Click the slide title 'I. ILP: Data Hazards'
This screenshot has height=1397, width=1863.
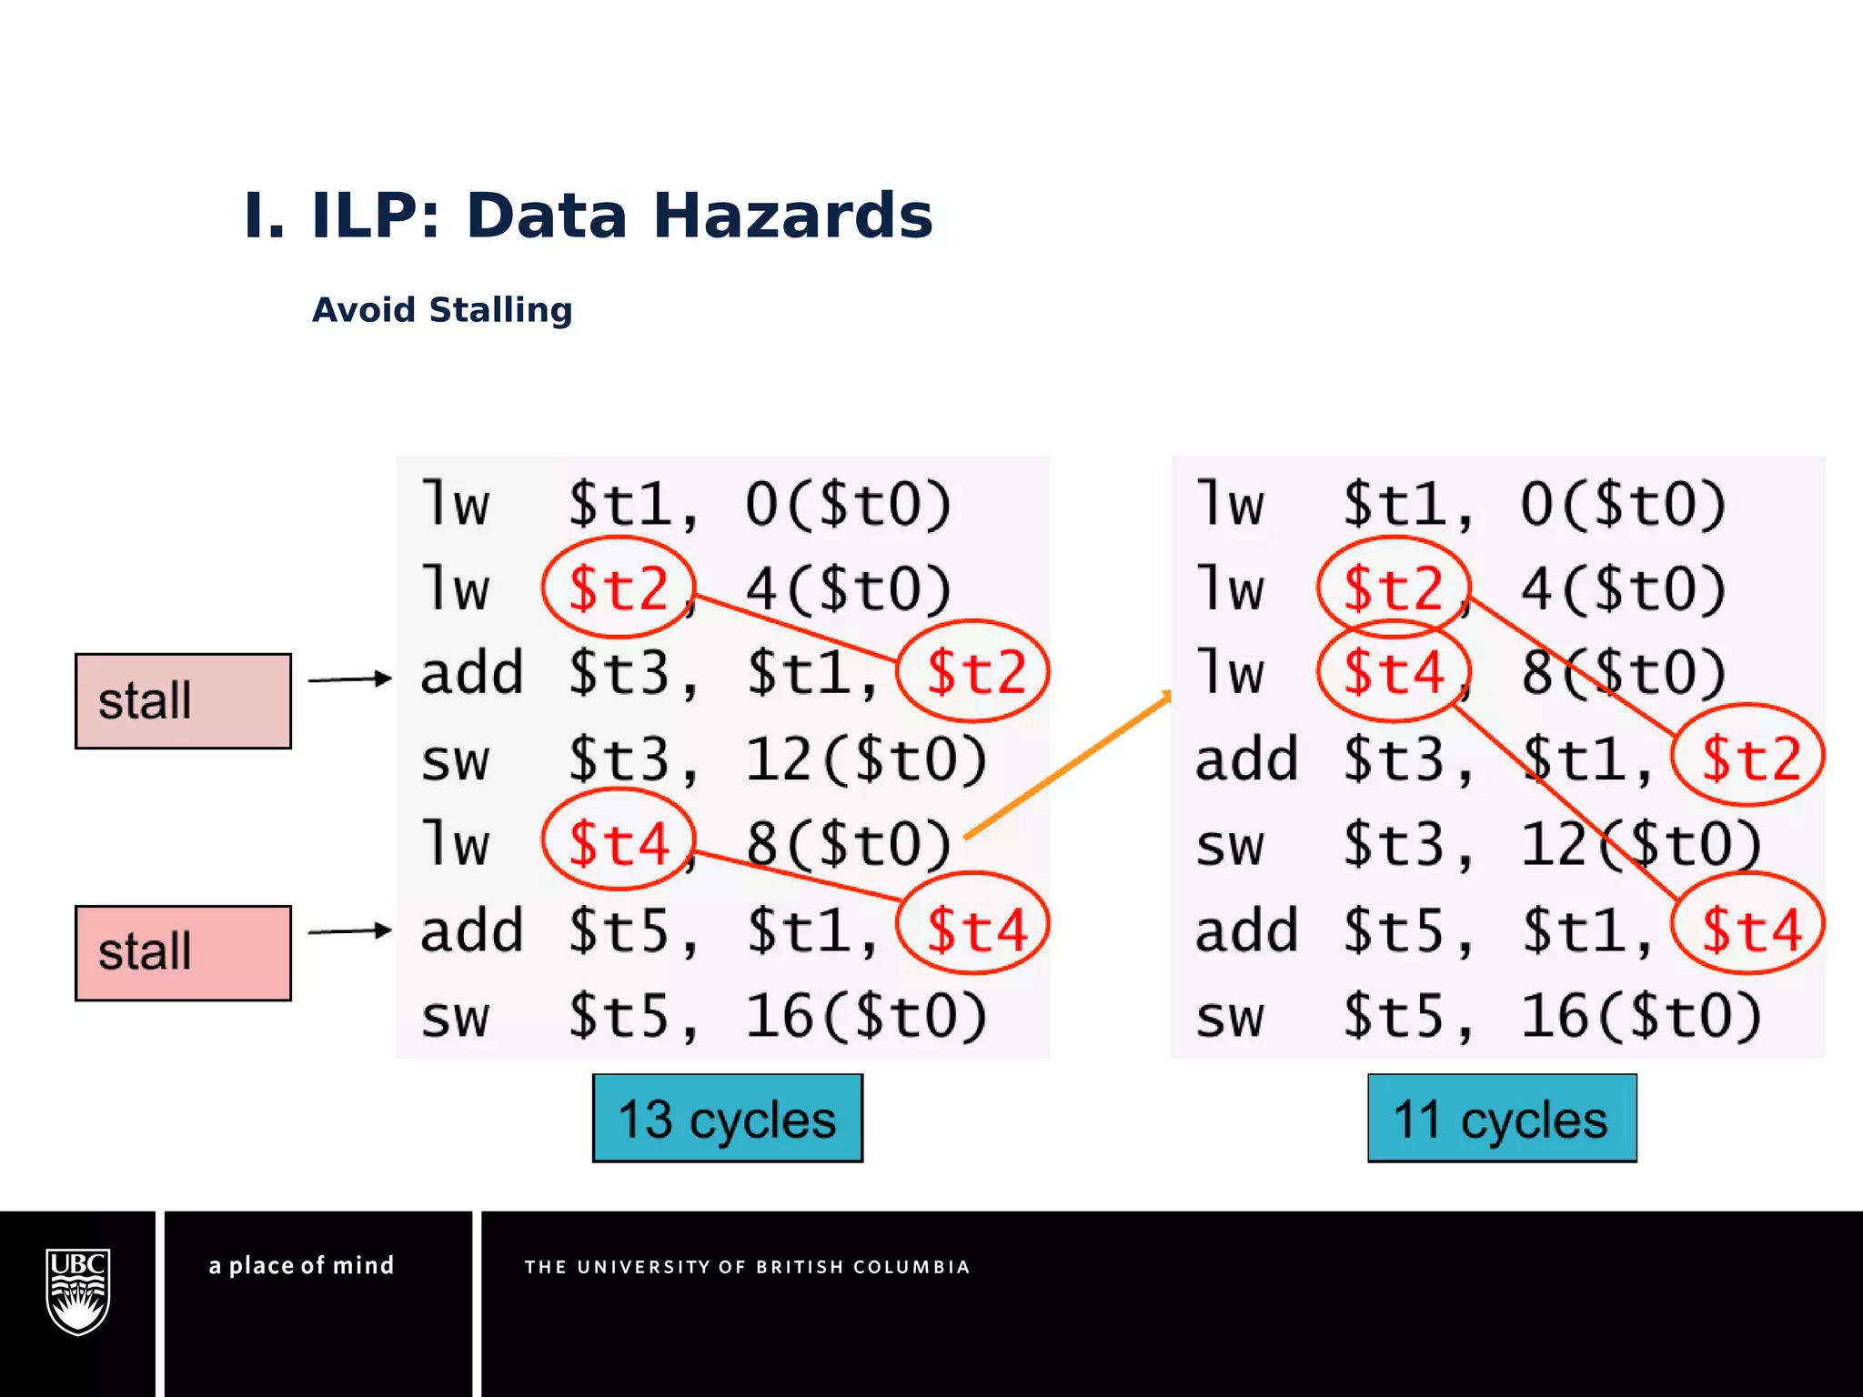tap(588, 216)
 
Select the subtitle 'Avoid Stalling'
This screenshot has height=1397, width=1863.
tap(442, 310)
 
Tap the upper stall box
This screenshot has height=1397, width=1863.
tap(183, 701)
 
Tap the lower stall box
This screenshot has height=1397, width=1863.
tap(183, 953)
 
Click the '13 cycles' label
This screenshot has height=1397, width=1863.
tap(727, 1119)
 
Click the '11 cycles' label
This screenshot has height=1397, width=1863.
tap(1502, 1119)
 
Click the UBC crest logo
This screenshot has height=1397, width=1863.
tap(78, 1291)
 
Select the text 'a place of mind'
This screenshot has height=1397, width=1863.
tap(301, 1266)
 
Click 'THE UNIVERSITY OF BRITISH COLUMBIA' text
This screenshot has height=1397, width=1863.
tap(747, 1267)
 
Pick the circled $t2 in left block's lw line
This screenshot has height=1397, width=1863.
tap(619, 588)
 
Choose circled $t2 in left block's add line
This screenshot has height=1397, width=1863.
tap(974, 672)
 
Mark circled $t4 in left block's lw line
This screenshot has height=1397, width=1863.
tap(619, 841)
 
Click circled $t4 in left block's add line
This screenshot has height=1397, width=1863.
tap(974, 928)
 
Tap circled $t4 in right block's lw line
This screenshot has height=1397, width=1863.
tap(1394, 672)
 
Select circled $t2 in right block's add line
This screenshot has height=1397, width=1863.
tap(1749, 757)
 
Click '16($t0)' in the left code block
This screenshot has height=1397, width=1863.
tap(866, 1015)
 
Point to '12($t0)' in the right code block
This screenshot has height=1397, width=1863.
tap(1641, 843)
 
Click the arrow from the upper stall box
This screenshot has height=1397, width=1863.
tap(349, 679)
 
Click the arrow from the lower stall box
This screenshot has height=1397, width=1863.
tap(349, 931)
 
